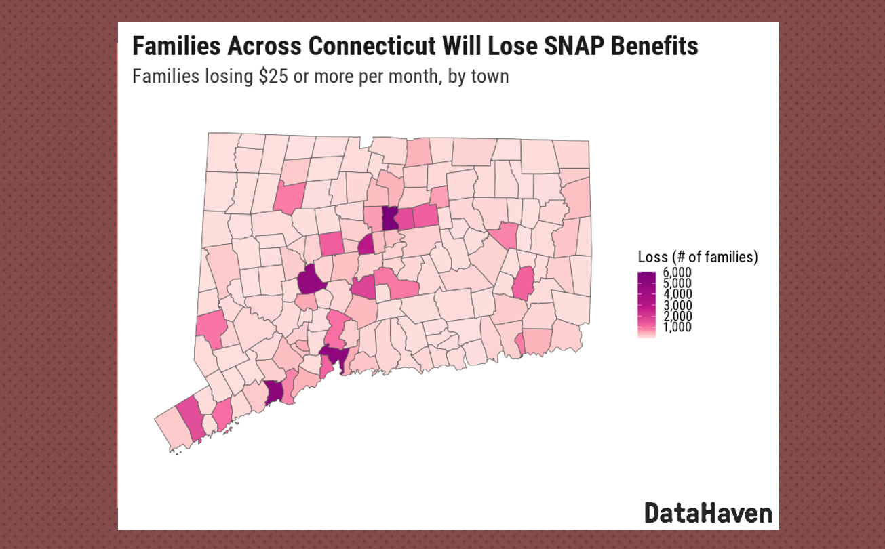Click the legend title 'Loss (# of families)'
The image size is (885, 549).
click(x=698, y=257)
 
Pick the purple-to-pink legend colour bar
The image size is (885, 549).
click(x=646, y=304)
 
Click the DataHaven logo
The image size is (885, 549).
click(x=707, y=512)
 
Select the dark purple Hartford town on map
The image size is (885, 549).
click(x=390, y=218)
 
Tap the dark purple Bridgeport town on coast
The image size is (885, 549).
click(x=273, y=392)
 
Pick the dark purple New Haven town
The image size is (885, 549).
click(x=334, y=355)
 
